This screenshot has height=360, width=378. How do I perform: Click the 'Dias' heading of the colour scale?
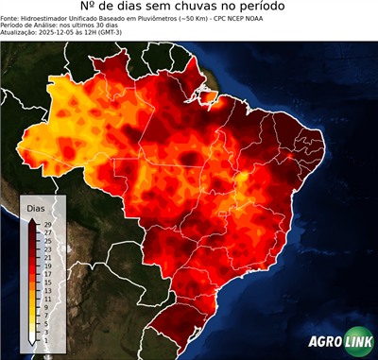[x=36, y=207]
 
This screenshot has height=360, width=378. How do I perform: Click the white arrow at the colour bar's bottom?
[x=33, y=338]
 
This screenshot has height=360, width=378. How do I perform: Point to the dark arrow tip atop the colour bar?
[x=33, y=219]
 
